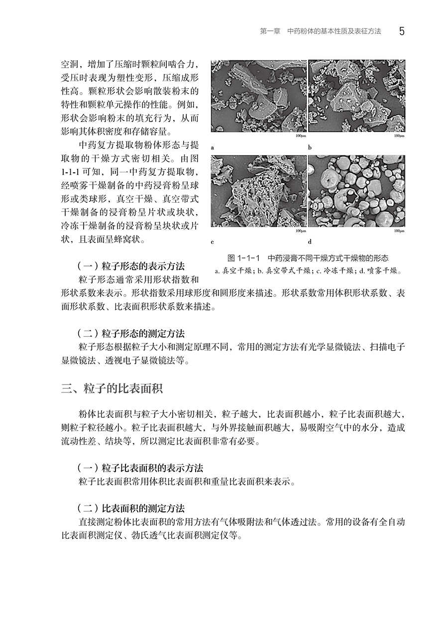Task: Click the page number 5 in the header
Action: [x=402, y=31]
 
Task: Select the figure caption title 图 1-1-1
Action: [x=243, y=258]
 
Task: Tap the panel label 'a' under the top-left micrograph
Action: [x=213, y=148]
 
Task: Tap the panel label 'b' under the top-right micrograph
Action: [x=310, y=148]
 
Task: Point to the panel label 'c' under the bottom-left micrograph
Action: [x=213, y=243]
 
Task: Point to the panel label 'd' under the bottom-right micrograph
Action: [x=310, y=243]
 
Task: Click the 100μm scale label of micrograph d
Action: [x=399, y=231]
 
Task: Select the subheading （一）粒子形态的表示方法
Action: [x=131, y=266]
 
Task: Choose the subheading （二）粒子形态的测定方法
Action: [x=131, y=333]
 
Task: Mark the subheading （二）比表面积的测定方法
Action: [x=131, y=508]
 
